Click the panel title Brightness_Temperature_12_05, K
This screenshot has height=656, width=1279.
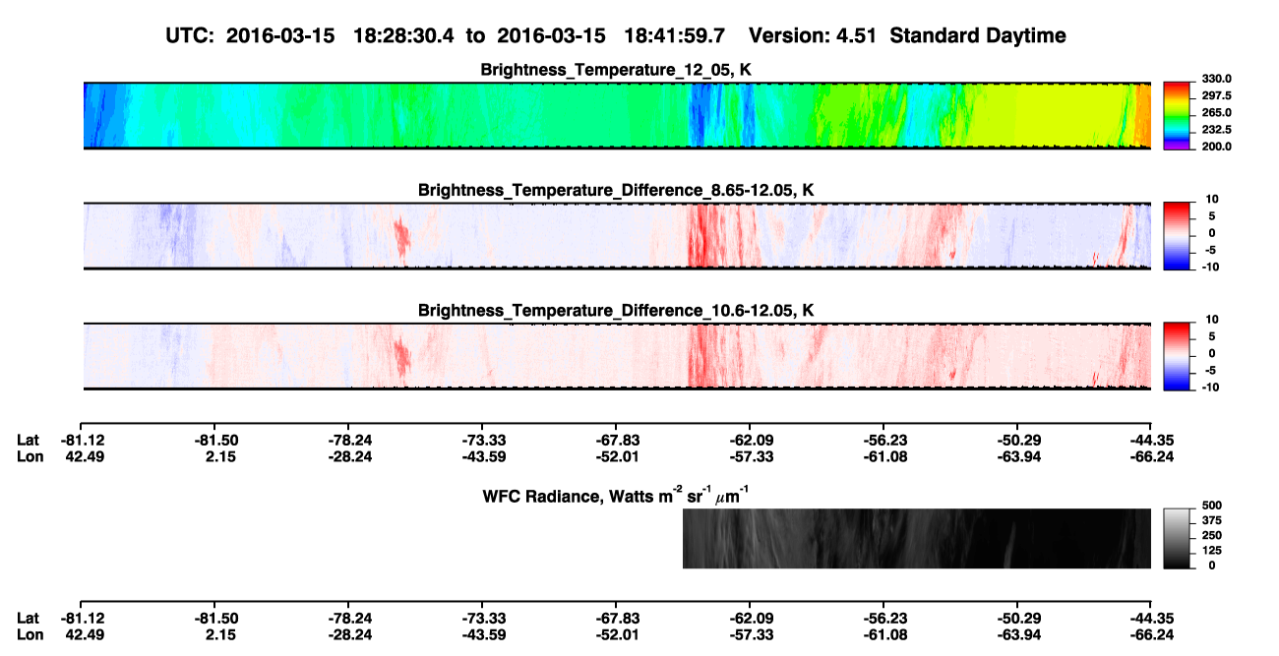(616, 70)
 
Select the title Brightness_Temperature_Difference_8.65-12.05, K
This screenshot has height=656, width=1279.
(616, 190)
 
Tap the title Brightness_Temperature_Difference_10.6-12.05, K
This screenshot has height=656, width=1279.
(616, 311)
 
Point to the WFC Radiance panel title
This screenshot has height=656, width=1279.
(616, 495)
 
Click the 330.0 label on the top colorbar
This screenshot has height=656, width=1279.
(1216, 79)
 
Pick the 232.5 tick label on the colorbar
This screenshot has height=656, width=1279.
(1216, 130)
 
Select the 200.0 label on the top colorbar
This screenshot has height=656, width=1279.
(1216, 147)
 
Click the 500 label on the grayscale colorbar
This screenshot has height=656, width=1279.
(1212, 506)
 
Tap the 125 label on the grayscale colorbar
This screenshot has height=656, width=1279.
(1212, 551)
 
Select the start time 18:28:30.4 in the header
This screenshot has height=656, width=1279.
(403, 36)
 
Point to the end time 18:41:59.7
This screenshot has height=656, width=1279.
(674, 36)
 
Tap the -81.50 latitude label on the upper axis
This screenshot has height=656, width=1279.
(216, 441)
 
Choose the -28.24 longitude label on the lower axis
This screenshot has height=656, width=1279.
(350, 635)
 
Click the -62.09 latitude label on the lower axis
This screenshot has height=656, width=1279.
(752, 619)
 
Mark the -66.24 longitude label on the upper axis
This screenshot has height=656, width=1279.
(1152, 456)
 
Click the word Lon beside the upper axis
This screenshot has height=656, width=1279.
(30, 456)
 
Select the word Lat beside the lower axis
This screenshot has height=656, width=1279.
(28, 619)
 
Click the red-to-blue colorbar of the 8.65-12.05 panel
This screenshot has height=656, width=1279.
(1177, 236)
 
